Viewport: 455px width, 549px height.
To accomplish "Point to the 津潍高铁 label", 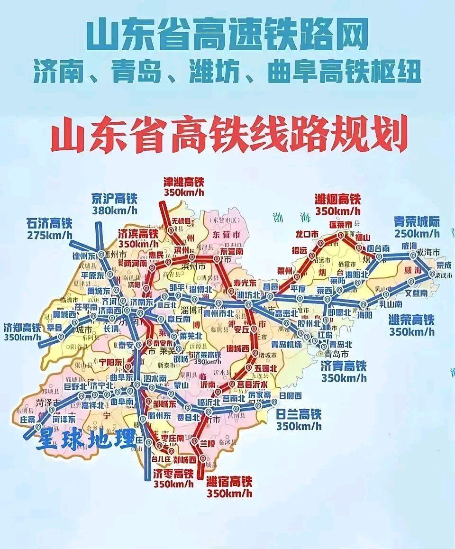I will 183,182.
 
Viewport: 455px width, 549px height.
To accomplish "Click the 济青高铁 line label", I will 344,366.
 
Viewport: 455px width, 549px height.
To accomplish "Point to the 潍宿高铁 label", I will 229,482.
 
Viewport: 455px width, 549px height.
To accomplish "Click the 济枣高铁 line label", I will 173,474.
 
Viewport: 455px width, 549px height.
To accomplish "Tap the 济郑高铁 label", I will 22,327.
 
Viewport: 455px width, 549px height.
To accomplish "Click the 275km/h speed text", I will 49,235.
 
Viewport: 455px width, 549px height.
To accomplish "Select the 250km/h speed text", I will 417,233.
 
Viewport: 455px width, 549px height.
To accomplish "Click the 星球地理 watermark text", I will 85,440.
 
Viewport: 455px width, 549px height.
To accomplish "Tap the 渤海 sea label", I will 291,219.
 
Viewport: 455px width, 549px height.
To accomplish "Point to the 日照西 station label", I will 291,396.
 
